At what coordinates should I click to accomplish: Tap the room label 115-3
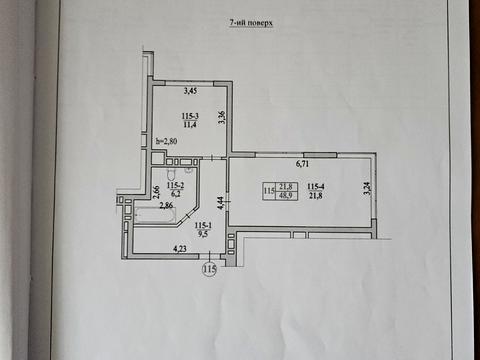click(183, 117)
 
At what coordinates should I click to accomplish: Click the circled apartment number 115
click(210, 269)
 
